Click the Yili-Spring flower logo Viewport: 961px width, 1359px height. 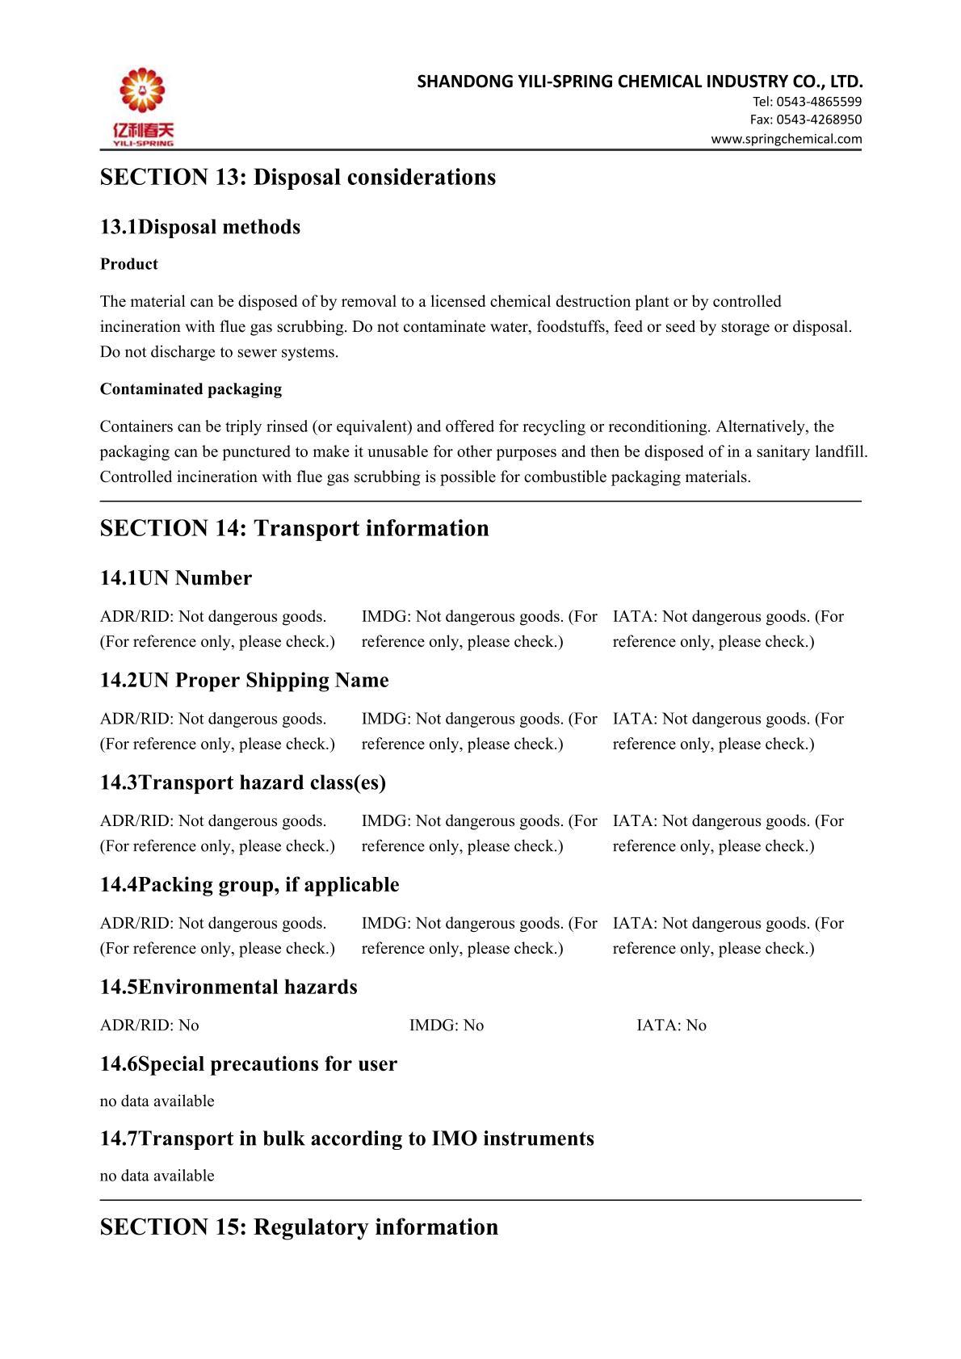point(142,90)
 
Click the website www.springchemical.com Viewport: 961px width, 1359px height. point(786,139)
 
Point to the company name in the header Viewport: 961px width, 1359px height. point(640,82)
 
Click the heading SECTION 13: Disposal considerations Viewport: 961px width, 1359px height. point(297,177)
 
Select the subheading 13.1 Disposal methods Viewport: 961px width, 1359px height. point(199,227)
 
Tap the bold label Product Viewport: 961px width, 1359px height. point(128,264)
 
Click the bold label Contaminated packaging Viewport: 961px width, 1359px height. point(191,389)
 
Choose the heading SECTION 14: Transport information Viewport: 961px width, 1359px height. point(294,528)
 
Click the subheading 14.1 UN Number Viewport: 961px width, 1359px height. point(175,578)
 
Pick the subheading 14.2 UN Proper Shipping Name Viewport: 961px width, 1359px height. point(244,681)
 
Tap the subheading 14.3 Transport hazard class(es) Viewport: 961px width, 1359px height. point(242,782)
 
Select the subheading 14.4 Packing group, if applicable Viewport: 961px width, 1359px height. point(249,885)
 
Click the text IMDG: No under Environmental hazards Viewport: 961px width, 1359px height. point(446,1026)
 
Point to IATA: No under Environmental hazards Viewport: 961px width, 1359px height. point(671,1026)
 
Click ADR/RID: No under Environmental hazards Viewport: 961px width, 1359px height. point(149,1026)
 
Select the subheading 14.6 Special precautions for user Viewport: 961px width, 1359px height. point(248,1064)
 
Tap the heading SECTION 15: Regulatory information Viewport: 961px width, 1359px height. point(299,1227)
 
